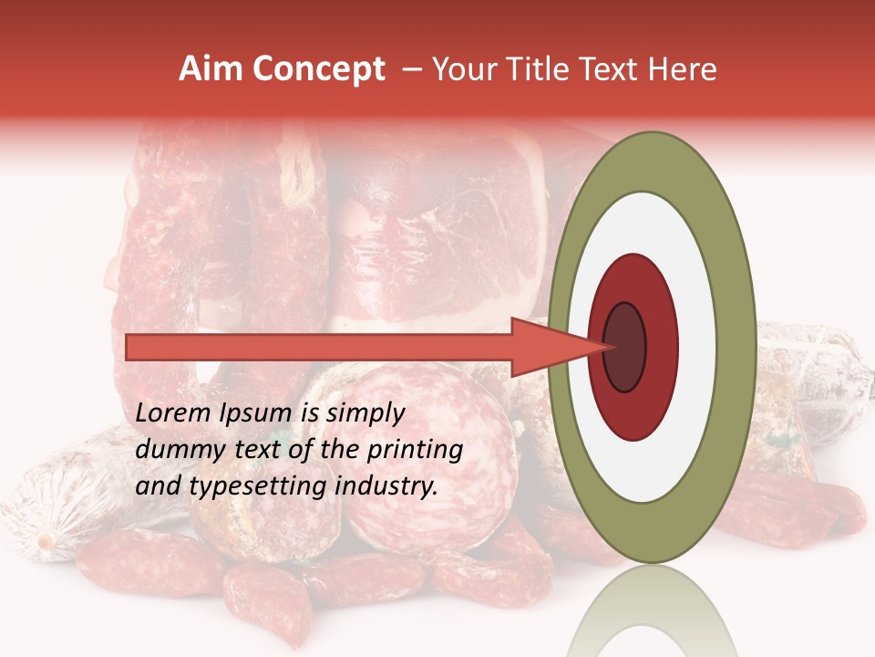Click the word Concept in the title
[318, 69]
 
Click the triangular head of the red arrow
[547, 347]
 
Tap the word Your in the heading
[463, 69]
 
